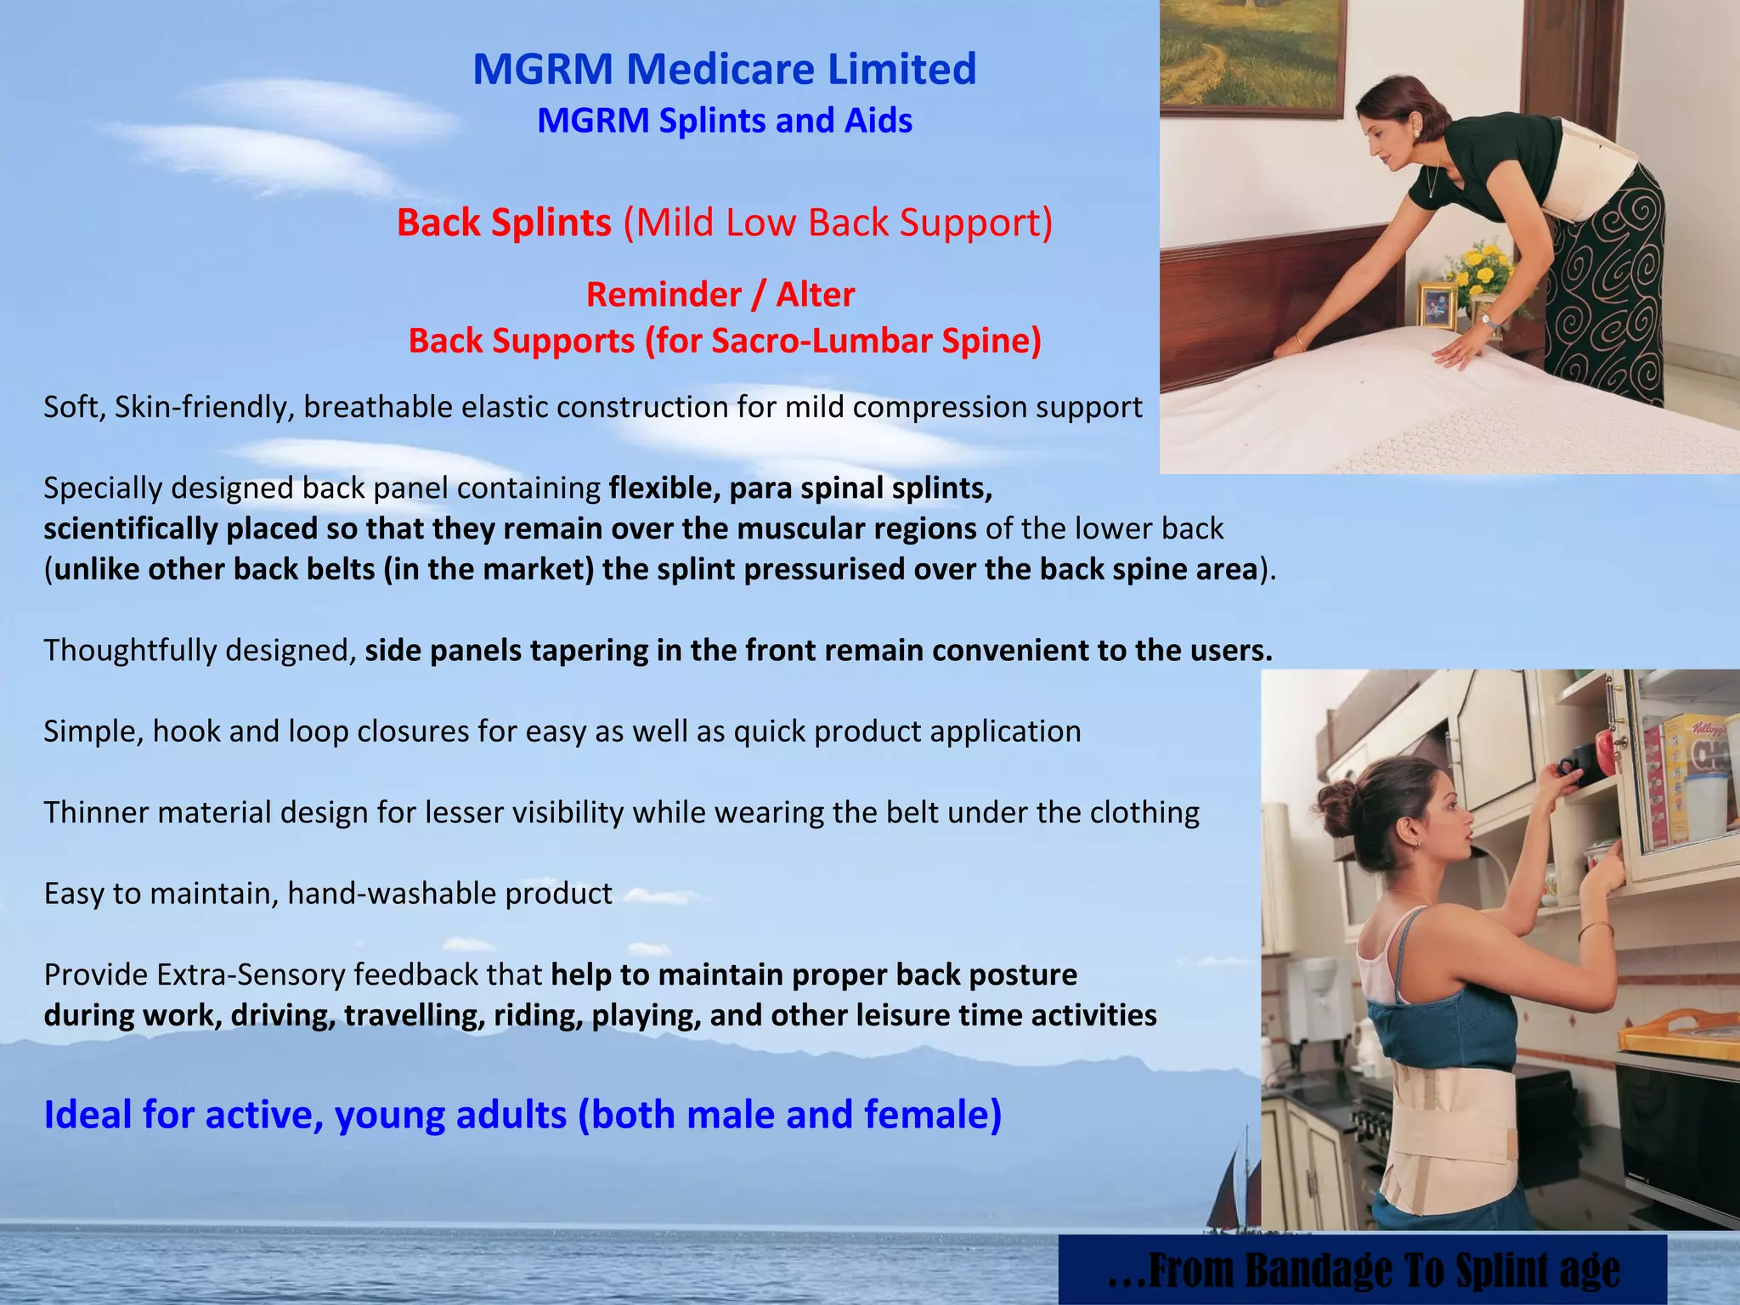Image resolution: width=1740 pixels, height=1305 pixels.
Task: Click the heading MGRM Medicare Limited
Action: (724, 69)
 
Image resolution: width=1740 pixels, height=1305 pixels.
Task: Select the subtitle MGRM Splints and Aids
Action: (725, 121)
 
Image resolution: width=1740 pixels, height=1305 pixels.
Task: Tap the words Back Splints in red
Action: (504, 223)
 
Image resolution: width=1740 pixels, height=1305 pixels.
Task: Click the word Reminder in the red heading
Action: (664, 295)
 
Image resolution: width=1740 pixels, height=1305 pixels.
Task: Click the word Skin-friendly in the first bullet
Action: (204, 407)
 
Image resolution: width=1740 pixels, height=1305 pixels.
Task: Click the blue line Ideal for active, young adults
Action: (523, 1115)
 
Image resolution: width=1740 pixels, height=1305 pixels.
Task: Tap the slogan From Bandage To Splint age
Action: (1363, 1270)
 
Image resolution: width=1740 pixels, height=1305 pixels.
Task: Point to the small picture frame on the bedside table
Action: (1438, 305)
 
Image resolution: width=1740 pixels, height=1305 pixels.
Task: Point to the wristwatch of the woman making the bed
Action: (1488, 320)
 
